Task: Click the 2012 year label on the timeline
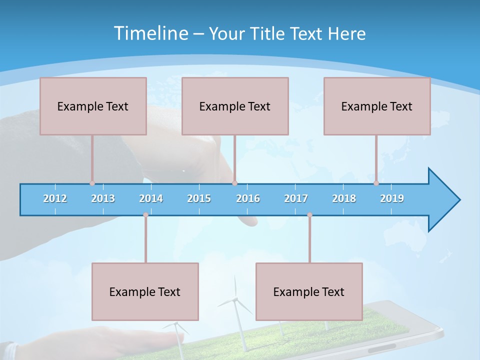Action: tap(55, 198)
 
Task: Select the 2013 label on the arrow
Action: tap(103, 198)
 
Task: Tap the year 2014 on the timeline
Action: tap(151, 198)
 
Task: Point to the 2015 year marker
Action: tap(199, 198)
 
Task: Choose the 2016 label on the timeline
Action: tap(248, 198)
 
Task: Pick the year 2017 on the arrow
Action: tap(296, 198)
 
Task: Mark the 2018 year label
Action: tap(344, 198)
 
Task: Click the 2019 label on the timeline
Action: tap(392, 198)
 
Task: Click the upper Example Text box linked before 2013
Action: tap(93, 106)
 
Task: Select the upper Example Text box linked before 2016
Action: tap(235, 106)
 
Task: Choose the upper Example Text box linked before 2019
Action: tap(377, 106)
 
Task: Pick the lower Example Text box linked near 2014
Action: tap(145, 291)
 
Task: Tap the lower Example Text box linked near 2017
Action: tap(309, 291)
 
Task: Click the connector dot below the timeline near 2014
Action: tap(145, 215)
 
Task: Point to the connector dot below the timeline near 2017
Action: tap(309, 215)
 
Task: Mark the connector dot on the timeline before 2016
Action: tap(234, 183)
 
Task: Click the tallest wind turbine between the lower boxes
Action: tap(235, 300)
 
